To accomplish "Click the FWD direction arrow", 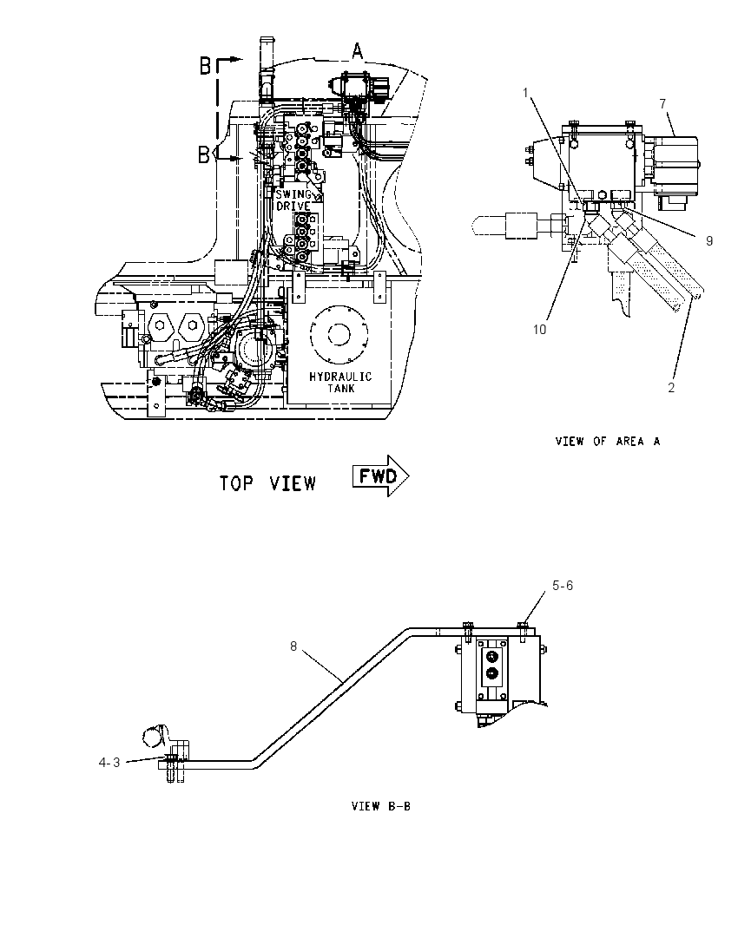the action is [x=380, y=476].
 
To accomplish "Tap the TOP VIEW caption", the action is [x=267, y=483].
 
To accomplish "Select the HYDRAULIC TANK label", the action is [x=340, y=382].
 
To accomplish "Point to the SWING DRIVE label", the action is [x=293, y=200].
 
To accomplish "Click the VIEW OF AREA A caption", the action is [x=608, y=441].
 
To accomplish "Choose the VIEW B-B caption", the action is [x=381, y=806].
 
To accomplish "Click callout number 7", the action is [x=662, y=104].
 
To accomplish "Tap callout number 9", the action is [x=708, y=240].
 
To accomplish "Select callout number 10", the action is [x=539, y=330].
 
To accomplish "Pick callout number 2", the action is [x=671, y=388].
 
